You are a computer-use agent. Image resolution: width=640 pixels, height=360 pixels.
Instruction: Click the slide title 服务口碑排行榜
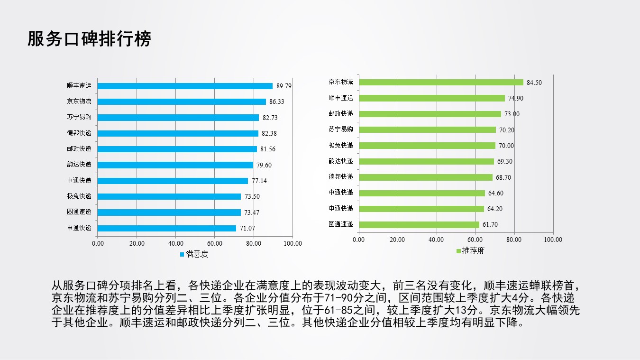click(x=89, y=39)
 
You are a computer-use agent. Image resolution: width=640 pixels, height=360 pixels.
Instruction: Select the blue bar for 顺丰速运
click(x=185, y=86)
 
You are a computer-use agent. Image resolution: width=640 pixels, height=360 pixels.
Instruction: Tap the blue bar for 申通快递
click(x=166, y=228)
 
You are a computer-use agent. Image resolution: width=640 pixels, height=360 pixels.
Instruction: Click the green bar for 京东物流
click(x=441, y=82)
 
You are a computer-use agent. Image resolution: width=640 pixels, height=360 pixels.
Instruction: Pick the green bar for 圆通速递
click(x=419, y=224)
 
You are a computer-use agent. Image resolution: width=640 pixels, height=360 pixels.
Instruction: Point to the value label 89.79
click(x=283, y=86)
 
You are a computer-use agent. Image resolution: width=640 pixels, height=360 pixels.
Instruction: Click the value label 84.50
click(x=534, y=83)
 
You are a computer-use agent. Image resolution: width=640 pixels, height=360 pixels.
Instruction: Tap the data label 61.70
click(x=490, y=225)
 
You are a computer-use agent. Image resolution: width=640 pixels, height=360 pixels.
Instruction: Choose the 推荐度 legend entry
click(x=473, y=251)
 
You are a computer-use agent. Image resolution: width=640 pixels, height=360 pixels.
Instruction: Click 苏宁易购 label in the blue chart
click(x=79, y=117)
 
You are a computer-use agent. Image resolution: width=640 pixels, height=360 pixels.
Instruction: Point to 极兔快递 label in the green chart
click(x=341, y=145)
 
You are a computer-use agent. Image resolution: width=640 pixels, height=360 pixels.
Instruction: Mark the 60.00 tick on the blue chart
click(x=215, y=244)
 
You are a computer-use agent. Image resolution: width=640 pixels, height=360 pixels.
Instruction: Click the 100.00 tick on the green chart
click(x=553, y=240)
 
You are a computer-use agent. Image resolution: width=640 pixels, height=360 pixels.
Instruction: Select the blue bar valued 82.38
click(x=178, y=133)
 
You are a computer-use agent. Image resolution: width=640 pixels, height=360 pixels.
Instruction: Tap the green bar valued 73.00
click(x=430, y=114)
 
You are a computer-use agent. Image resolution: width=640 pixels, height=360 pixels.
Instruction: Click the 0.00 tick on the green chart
click(x=359, y=240)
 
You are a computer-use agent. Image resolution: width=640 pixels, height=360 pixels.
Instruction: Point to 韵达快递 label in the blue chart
click(x=79, y=165)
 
